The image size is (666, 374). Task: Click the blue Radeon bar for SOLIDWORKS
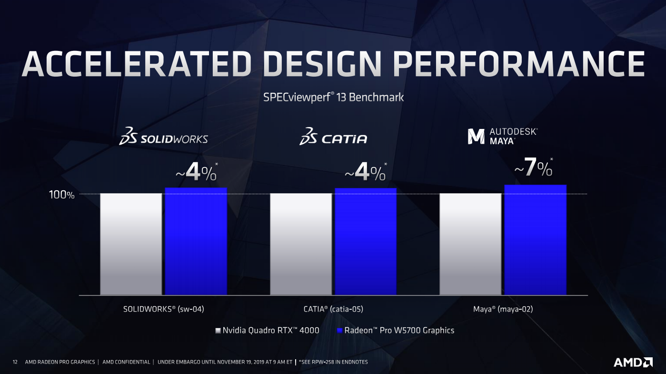click(x=196, y=241)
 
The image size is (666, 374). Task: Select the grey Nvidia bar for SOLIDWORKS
click(x=131, y=244)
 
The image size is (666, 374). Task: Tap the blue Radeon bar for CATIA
click(x=366, y=242)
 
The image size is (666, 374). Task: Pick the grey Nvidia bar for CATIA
click(x=301, y=244)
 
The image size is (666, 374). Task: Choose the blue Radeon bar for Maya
click(x=535, y=240)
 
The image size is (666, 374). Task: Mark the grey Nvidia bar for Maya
click(x=470, y=244)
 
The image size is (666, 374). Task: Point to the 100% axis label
click(x=62, y=196)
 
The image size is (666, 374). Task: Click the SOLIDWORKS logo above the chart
click(x=163, y=136)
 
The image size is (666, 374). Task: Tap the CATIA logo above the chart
click(x=333, y=136)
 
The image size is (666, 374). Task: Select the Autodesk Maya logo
click(x=502, y=136)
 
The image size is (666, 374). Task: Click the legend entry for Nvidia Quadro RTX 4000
click(x=267, y=330)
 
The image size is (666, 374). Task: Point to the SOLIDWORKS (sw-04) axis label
click(x=163, y=309)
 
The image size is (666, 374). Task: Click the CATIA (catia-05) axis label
click(x=333, y=309)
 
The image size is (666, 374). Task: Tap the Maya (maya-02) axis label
click(x=503, y=309)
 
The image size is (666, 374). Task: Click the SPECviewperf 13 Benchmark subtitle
click(x=333, y=98)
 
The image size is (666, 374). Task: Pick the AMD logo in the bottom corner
click(x=633, y=362)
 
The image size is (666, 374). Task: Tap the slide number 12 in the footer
click(x=15, y=362)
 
